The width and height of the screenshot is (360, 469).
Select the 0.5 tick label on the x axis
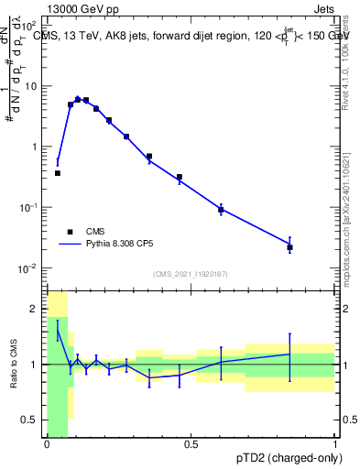(191, 444)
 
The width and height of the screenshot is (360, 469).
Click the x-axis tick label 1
(335, 444)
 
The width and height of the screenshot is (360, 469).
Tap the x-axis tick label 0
(47, 444)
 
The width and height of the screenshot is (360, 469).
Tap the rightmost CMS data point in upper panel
(289, 247)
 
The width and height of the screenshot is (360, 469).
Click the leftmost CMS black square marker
(57, 173)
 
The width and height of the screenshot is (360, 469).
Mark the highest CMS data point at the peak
(78, 100)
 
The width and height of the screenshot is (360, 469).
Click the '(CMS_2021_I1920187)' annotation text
(191, 274)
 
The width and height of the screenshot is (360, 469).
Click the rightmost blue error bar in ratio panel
(289, 356)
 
